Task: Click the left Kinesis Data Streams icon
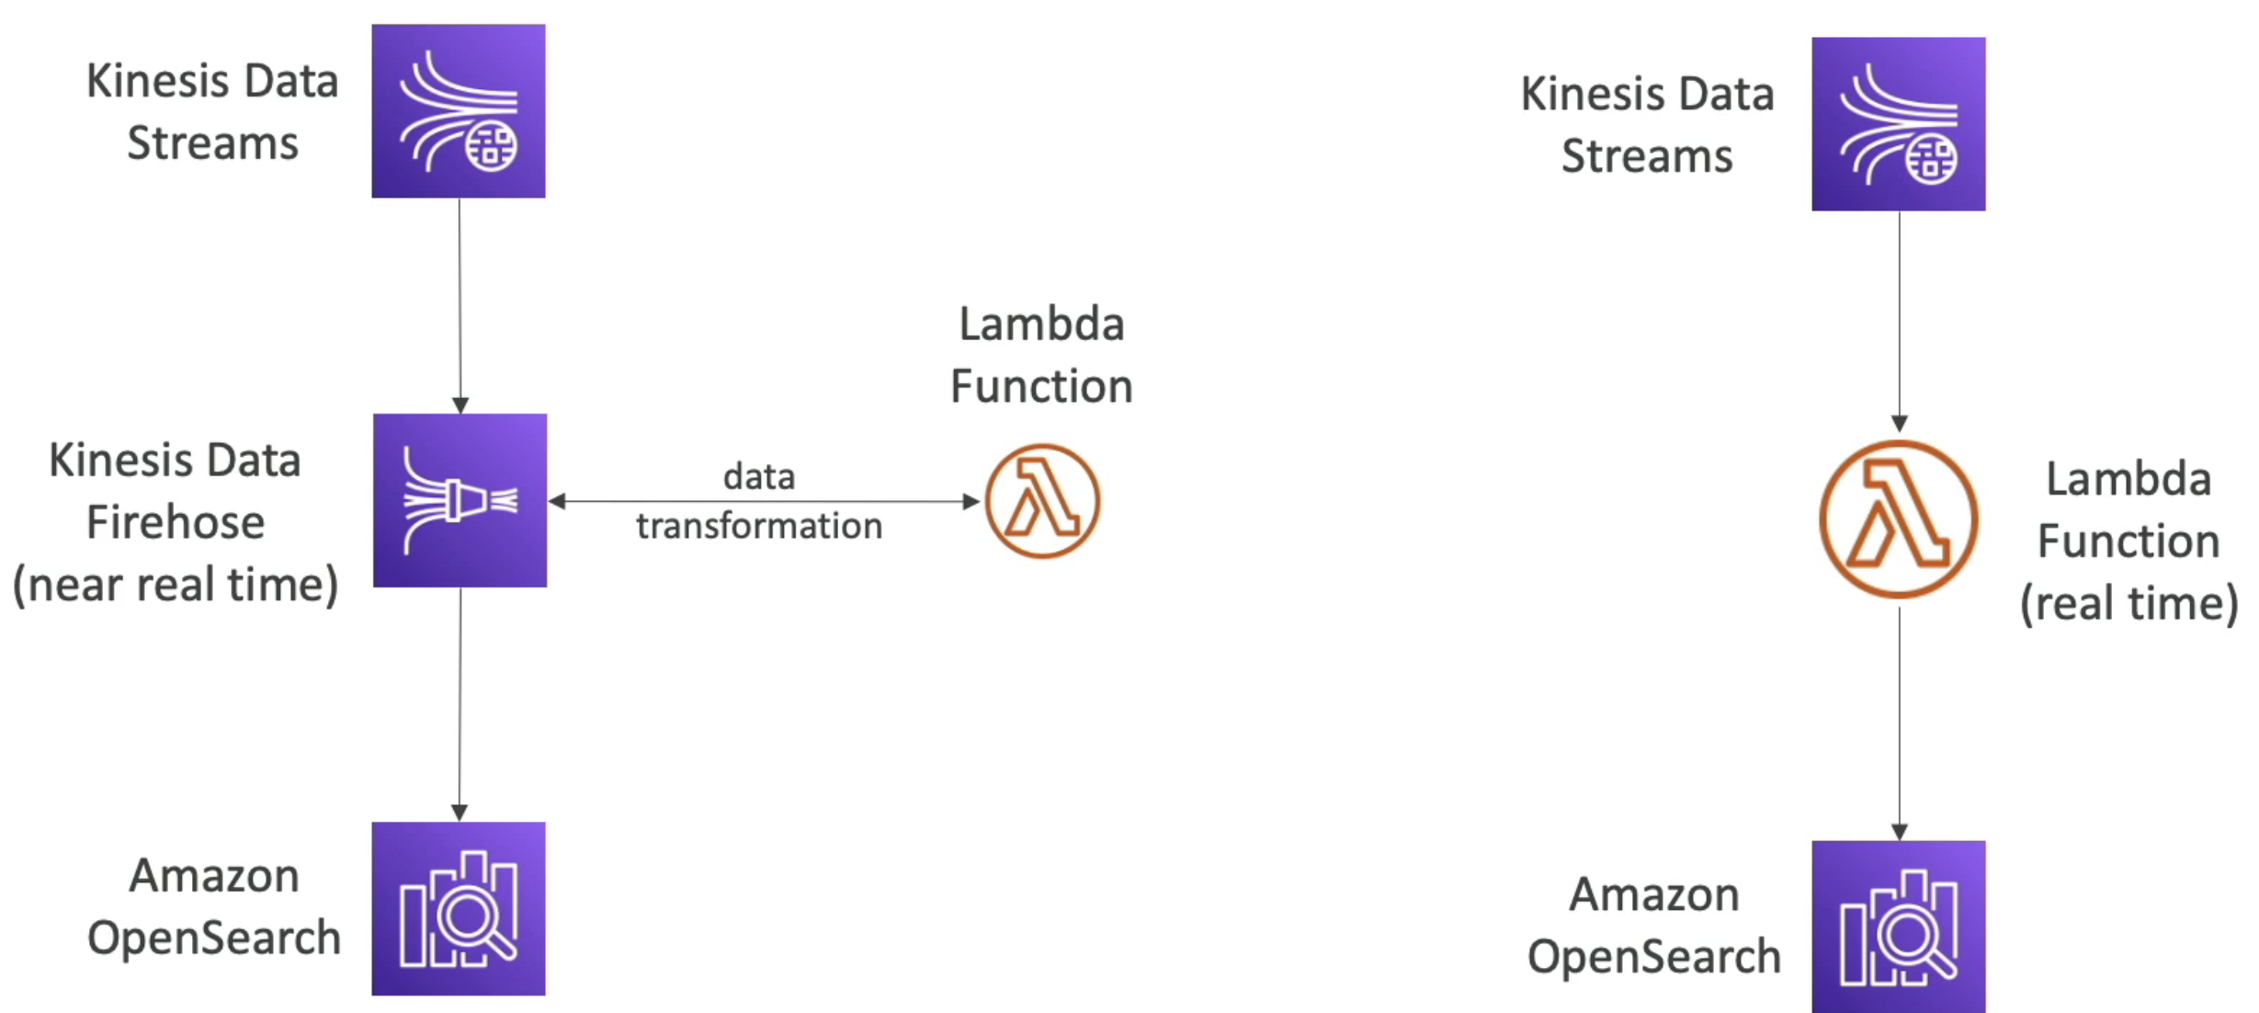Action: coord(458,111)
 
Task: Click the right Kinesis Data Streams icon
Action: coord(1898,124)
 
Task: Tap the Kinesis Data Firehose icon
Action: coord(460,500)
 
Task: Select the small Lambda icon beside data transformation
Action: coord(1042,501)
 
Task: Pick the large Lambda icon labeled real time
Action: coord(1899,519)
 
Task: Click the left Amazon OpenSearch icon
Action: coord(458,908)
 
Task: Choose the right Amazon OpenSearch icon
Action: coord(1898,926)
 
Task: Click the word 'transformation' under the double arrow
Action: coord(759,527)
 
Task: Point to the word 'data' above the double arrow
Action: coord(759,477)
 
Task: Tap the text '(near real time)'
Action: coord(176,585)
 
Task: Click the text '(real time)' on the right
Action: coord(2128,604)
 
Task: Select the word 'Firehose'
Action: coord(176,523)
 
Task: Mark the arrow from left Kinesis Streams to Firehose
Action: coord(460,303)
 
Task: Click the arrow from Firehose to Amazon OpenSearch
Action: coord(460,703)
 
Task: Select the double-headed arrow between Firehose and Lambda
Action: coord(763,502)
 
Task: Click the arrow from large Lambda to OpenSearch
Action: coord(1899,722)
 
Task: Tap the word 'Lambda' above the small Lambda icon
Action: coord(1041,324)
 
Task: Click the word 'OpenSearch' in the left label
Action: coord(214,939)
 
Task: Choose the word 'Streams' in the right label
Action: coord(1647,156)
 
